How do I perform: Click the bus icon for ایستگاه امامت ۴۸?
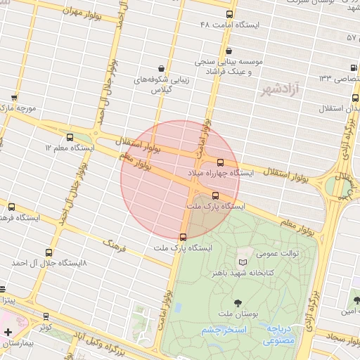click(x=229, y=14)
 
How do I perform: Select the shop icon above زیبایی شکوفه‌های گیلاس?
click(x=163, y=68)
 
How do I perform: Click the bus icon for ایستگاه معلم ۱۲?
click(x=69, y=137)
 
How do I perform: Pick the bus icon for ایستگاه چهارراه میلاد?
click(x=220, y=162)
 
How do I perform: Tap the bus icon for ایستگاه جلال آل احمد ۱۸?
click(x=48, y=252)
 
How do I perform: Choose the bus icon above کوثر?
click(x=46, y=316)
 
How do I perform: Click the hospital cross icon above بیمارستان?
click(x=8, y=332)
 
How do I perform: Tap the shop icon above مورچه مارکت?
click(x=13, y=98)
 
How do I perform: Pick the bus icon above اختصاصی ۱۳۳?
click(x=353, y=67)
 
